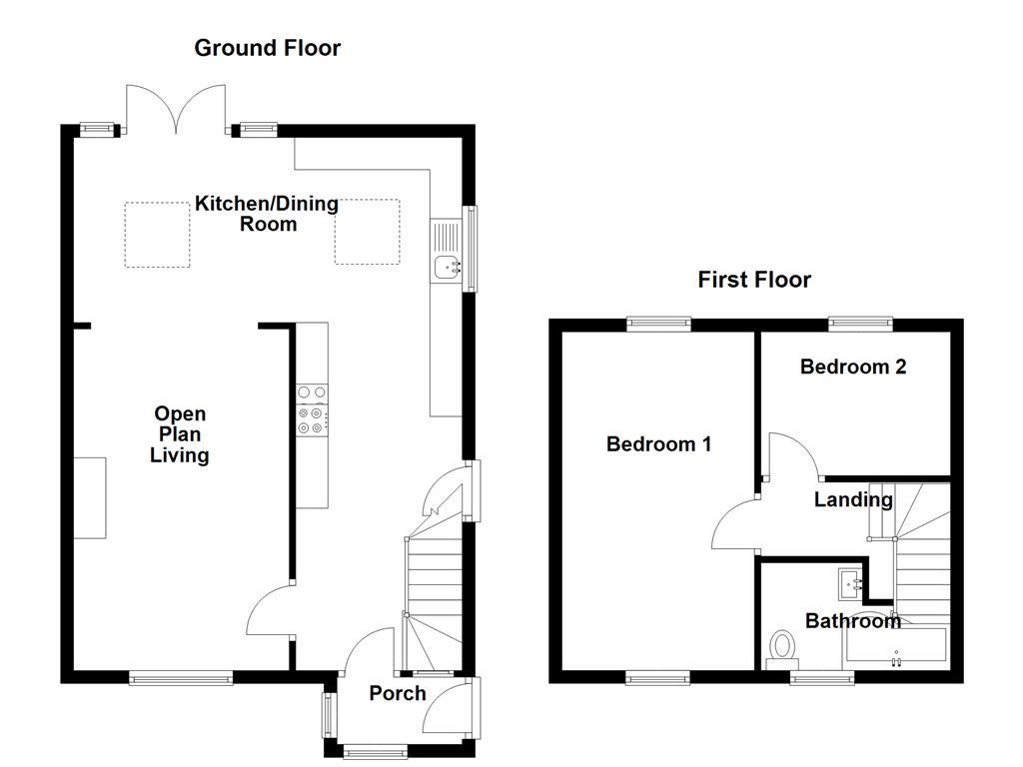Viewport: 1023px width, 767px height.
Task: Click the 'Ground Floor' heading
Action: click(267, 48)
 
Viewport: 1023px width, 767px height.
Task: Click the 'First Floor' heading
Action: click(754, 280)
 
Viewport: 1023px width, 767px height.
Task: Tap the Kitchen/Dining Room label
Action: click(267, 214)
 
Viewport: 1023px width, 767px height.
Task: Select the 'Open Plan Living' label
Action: click(180, 434)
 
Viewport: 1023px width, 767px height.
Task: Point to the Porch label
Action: click(398, 693)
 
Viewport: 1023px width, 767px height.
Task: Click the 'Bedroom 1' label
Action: click(658, 443)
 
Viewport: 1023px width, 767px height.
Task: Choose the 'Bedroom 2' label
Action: click(853, 367)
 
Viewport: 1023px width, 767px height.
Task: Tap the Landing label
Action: click(852, 499)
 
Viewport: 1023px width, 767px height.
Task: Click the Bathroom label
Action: click(853, 621)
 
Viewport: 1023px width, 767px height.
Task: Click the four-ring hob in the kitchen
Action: click(311, 409)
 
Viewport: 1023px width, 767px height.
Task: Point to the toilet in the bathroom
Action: click(782, 649)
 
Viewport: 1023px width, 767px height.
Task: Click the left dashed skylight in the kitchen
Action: click(157, 234)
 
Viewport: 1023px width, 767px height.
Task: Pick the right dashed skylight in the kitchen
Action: click(367, 232)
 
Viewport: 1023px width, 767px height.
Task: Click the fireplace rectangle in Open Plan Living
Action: click(90, 497)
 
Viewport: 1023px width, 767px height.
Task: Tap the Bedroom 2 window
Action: click(860, 323)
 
